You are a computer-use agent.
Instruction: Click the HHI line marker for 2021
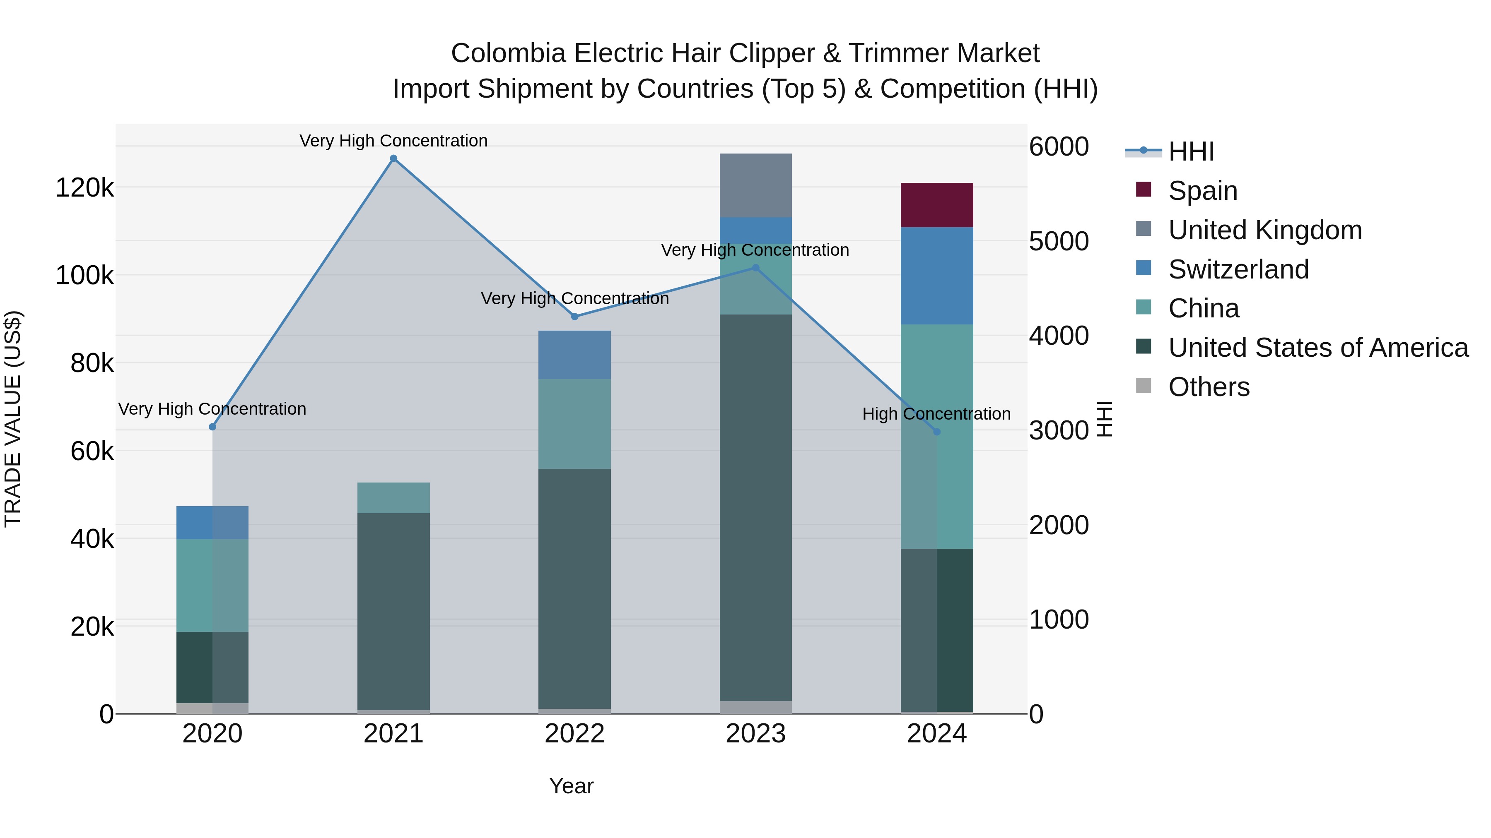click(x=393, y=158)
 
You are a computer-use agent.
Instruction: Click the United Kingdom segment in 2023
click(x=755, y=185)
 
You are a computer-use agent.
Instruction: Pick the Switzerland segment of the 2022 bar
click(x=575, y=355)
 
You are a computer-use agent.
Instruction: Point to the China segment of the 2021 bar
click(x=393, y=497)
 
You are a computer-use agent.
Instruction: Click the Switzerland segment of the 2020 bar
click(x=212, y=522)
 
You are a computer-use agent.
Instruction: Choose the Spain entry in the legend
click(x=1202, y=191)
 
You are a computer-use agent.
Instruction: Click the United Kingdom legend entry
click(x=1265, y=230)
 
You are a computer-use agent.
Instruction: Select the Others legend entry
click(x=1209, y=387)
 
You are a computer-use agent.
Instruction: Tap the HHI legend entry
click(x=1191, y=151)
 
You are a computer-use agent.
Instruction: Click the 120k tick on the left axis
click(x=84, y=188)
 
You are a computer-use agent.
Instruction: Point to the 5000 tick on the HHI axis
click(x=1059, y=241)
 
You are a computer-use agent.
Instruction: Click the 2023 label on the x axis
click(x=755, y=734)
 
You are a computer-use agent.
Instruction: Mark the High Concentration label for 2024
click(x=936, y=414)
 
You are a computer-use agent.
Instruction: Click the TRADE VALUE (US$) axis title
click(x=13, y=419)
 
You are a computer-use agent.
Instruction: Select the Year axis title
click(x=571, y=786)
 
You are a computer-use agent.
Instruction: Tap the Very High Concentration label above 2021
click(x=393, y=141)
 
